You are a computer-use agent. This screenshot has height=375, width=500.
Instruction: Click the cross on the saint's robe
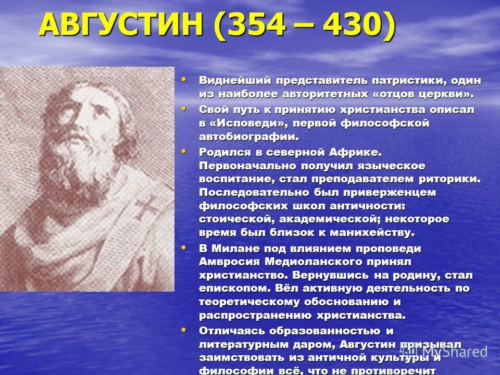tap(147, 209)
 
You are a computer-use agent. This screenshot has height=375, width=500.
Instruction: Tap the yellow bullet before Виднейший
tap(183, 80)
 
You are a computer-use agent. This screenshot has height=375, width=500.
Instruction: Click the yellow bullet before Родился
tap(183, 151)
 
